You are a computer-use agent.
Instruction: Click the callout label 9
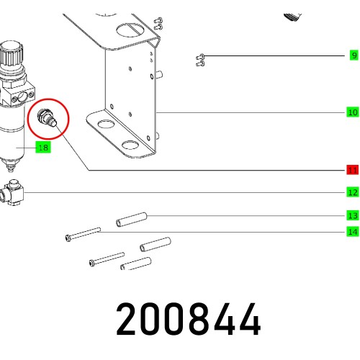pos(353,55)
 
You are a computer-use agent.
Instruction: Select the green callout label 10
pos(352,112)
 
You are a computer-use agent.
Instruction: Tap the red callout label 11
pos(352,170)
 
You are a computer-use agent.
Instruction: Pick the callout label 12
pos(352,192)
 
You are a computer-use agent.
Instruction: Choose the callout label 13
pos(352,215)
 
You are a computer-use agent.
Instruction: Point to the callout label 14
pos(352,232)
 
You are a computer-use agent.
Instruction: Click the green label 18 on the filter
pos(42,148)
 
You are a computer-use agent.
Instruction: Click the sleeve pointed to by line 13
pos(132,215)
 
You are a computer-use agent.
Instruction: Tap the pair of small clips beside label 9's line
pos(202,60)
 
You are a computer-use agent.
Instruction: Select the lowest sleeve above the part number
pos(135,266)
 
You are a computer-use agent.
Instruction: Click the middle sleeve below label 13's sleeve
pos(155,245)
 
